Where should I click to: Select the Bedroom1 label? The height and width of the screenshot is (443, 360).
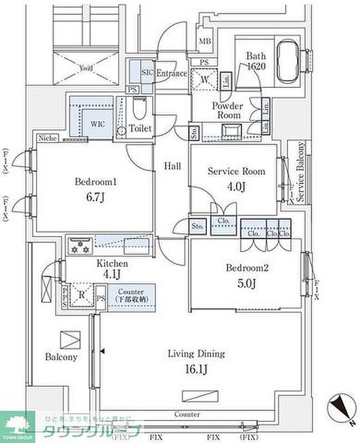pos(97,182)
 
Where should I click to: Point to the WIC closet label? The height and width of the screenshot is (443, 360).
pos(98,124)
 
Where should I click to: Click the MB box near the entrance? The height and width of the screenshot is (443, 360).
pos(205,41)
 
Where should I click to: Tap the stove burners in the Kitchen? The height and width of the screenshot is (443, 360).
pos(80,245)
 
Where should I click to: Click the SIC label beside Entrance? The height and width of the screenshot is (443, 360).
pos(147,73)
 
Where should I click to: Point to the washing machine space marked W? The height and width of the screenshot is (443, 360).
pos(205,79)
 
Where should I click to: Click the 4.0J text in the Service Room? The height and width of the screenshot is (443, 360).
pos(236,186)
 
